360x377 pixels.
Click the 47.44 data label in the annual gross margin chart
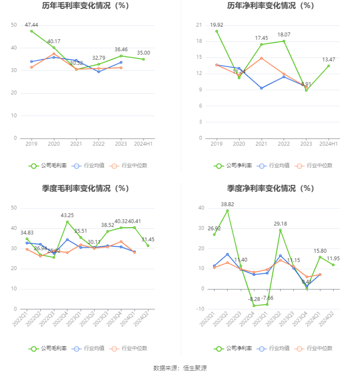coord(31,25)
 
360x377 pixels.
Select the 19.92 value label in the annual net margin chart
coord(216,25)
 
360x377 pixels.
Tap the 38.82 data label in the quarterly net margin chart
coord(228,204)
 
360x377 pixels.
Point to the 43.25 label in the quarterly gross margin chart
coord(67,215)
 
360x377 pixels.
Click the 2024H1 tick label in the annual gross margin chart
coord(143,144)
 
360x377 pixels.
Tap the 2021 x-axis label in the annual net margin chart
coord(261,144)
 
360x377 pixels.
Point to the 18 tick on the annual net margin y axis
coord(199,41)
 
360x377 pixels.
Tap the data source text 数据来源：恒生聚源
coord(180,368)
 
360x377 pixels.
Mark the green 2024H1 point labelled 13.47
coord(328,66)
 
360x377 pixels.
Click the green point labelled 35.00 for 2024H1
coord(143,59)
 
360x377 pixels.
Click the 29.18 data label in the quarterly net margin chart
coord(280,224)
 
